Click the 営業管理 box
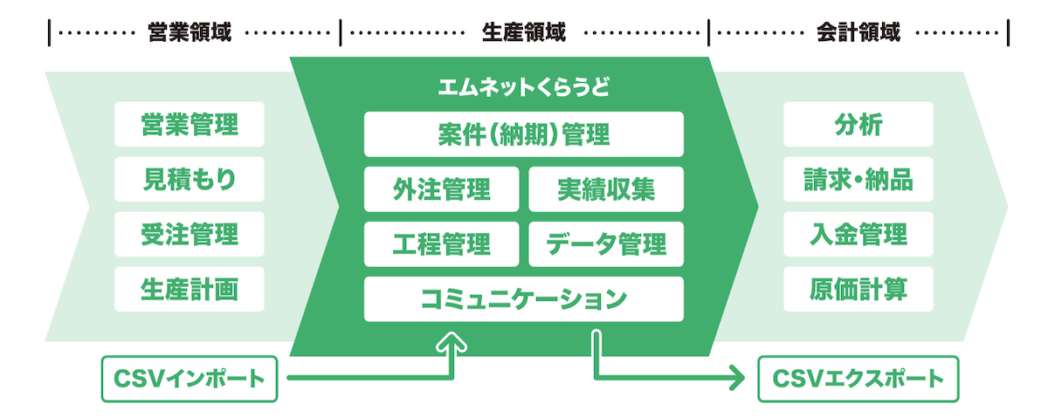tap(189, 125)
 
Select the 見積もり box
tap(189, 180)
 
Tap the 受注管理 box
tap(189, 234)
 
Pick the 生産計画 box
tap(189, 289)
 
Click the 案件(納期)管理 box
tap(523, 135)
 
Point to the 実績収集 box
tap(606, 189)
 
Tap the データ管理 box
tap(606, 243)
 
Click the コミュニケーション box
tap(523, 298)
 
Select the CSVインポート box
tap(189, 379)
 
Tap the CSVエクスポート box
tap(858, 379)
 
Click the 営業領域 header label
tap(190, 33)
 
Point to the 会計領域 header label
tap(858, 33)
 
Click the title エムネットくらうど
tap(523, 88)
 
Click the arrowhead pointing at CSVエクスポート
tap(738, 379)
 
